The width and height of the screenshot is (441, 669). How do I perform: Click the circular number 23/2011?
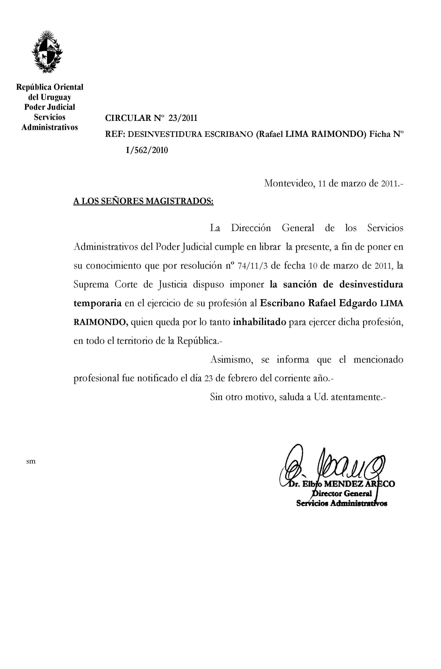click(183, 118)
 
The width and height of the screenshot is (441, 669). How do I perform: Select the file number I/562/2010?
click(147, 151)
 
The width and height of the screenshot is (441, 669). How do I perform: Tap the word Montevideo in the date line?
click(289, 184)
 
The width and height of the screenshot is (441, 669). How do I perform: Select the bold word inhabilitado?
click(259, 322)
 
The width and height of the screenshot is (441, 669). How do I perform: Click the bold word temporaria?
click(97, 303)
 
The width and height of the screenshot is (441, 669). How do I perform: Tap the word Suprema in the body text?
click(91, 285)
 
